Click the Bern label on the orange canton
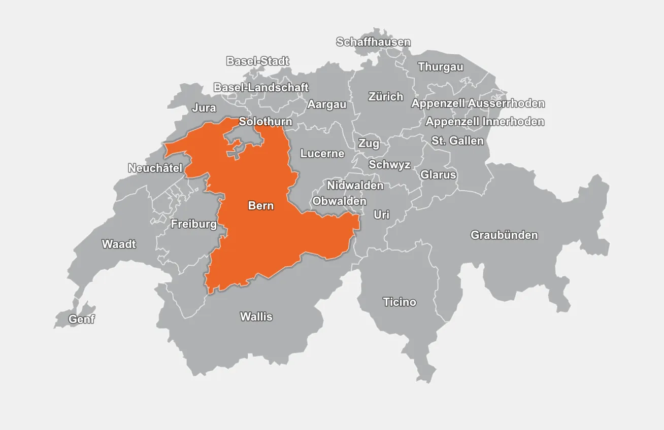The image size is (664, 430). click(x=261, y=206)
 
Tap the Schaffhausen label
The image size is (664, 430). click(x=373, y=42)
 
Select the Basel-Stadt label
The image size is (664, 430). click(x=257, y=61)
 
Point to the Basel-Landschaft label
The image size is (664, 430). click(x=260, y=87)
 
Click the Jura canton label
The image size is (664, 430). click(x=204, y=108)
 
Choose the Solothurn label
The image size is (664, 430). click(x=265, y=122)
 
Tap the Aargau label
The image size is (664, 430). click(x=326, y=104)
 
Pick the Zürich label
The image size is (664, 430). click(x=386, y=96)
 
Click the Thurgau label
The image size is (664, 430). click(x=440, y=67)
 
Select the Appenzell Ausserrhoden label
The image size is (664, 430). click(x=478, y=103)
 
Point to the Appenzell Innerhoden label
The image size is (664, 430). click(x=485, y=122)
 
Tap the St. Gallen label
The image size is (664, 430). click(x=457, y=141)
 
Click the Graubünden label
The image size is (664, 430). click(x=504, y=235)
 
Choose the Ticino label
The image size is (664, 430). click(x=400, y=302)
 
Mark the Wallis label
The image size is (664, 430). click(x=256, y=317)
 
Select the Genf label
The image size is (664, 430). click(x=82, y=319)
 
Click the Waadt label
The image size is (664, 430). click(x=119, y=244)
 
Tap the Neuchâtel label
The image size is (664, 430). click(x=155, y=168)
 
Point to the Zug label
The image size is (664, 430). click(x=369, y=144)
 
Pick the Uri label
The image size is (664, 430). click(x=381, y=215)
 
